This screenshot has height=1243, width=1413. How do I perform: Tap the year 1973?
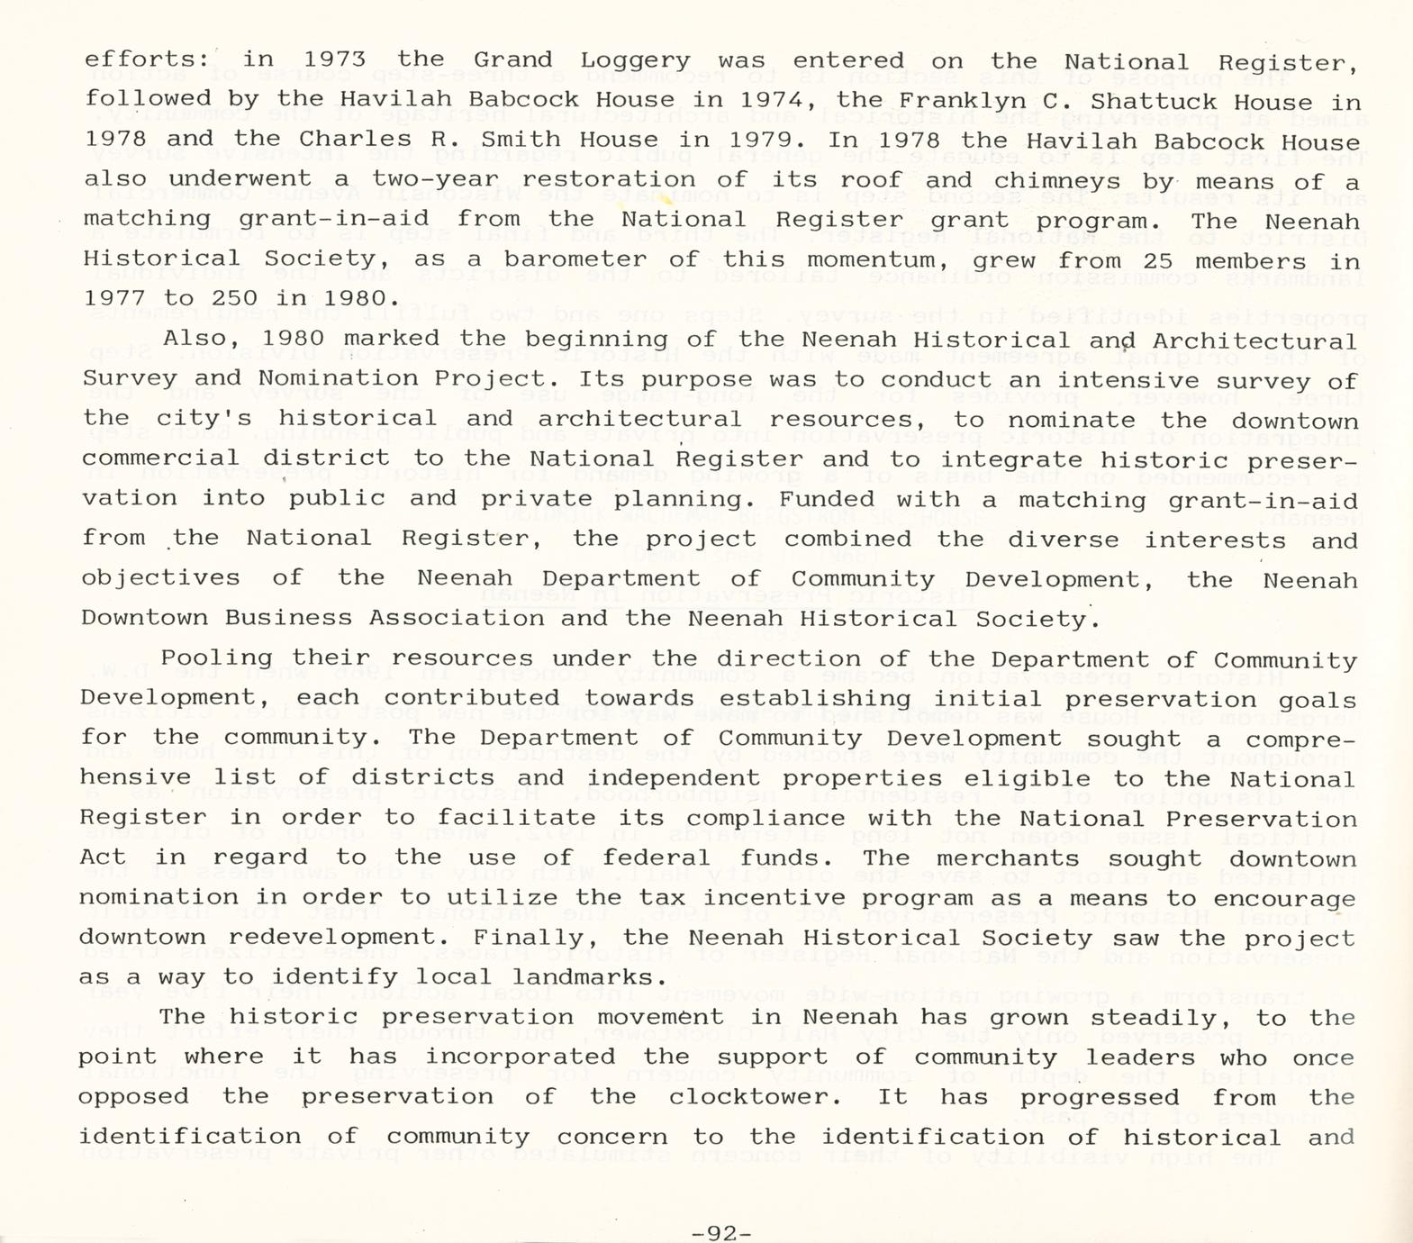point(334,59)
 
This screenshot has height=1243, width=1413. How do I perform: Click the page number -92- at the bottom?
point(723,1232)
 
